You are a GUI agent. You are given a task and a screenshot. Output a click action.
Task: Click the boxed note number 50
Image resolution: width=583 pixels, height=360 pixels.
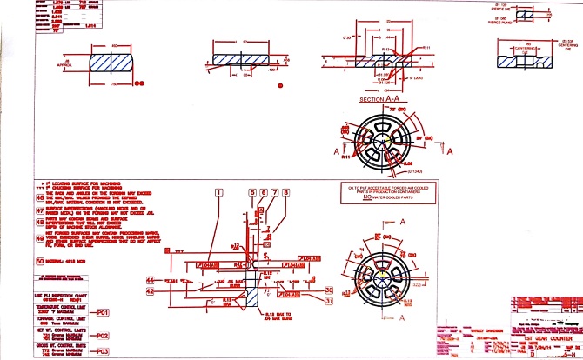click(x=39, y=259)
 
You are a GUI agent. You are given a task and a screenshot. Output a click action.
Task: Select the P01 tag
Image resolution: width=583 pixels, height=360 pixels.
click(x=103, y=311)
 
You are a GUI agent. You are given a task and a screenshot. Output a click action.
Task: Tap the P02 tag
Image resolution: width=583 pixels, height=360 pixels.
click(x=103, y=335)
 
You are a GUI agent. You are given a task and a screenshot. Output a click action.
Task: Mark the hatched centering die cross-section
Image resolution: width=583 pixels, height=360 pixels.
click(x=520, y=62)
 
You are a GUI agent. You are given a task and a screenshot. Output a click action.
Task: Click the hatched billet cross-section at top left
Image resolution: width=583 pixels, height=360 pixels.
click(x=114, y=63)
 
